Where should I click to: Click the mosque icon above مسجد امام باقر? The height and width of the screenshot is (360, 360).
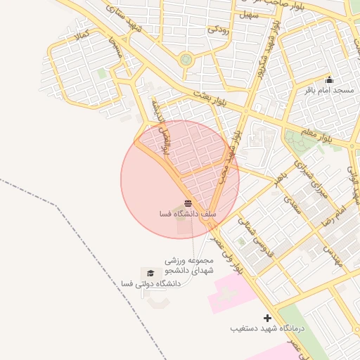tap(329, 79)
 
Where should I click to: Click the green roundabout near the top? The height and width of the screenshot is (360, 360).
tap(186, 60)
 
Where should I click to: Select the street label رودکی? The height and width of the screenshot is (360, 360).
tap(218, 30)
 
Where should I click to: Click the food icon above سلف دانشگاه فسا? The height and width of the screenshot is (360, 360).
tap(187, 203)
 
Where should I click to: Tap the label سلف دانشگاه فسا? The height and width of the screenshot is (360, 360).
tap(188, 213)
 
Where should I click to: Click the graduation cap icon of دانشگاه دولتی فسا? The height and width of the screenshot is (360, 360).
tap(149, 273)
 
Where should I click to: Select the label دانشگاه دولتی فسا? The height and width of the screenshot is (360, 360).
tap(150, 283)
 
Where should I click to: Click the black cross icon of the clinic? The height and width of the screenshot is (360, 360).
tap(267, 318)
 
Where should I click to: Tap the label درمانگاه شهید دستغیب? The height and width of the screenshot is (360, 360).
tap(268, 328)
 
